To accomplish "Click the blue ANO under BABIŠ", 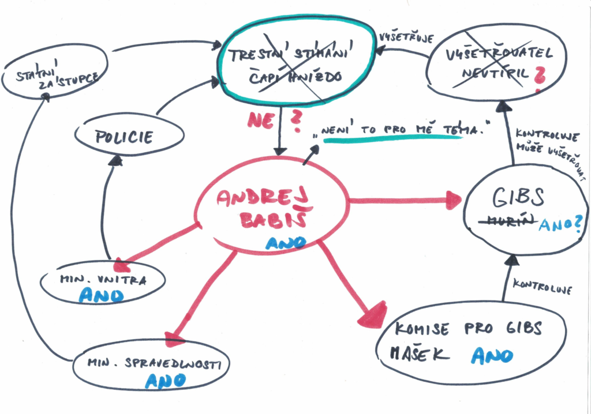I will point(285,243).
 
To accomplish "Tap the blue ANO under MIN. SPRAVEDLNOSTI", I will point(164,381).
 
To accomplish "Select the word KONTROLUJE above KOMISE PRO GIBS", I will point(543,288).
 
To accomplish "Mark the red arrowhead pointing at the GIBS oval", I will point(454,201).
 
